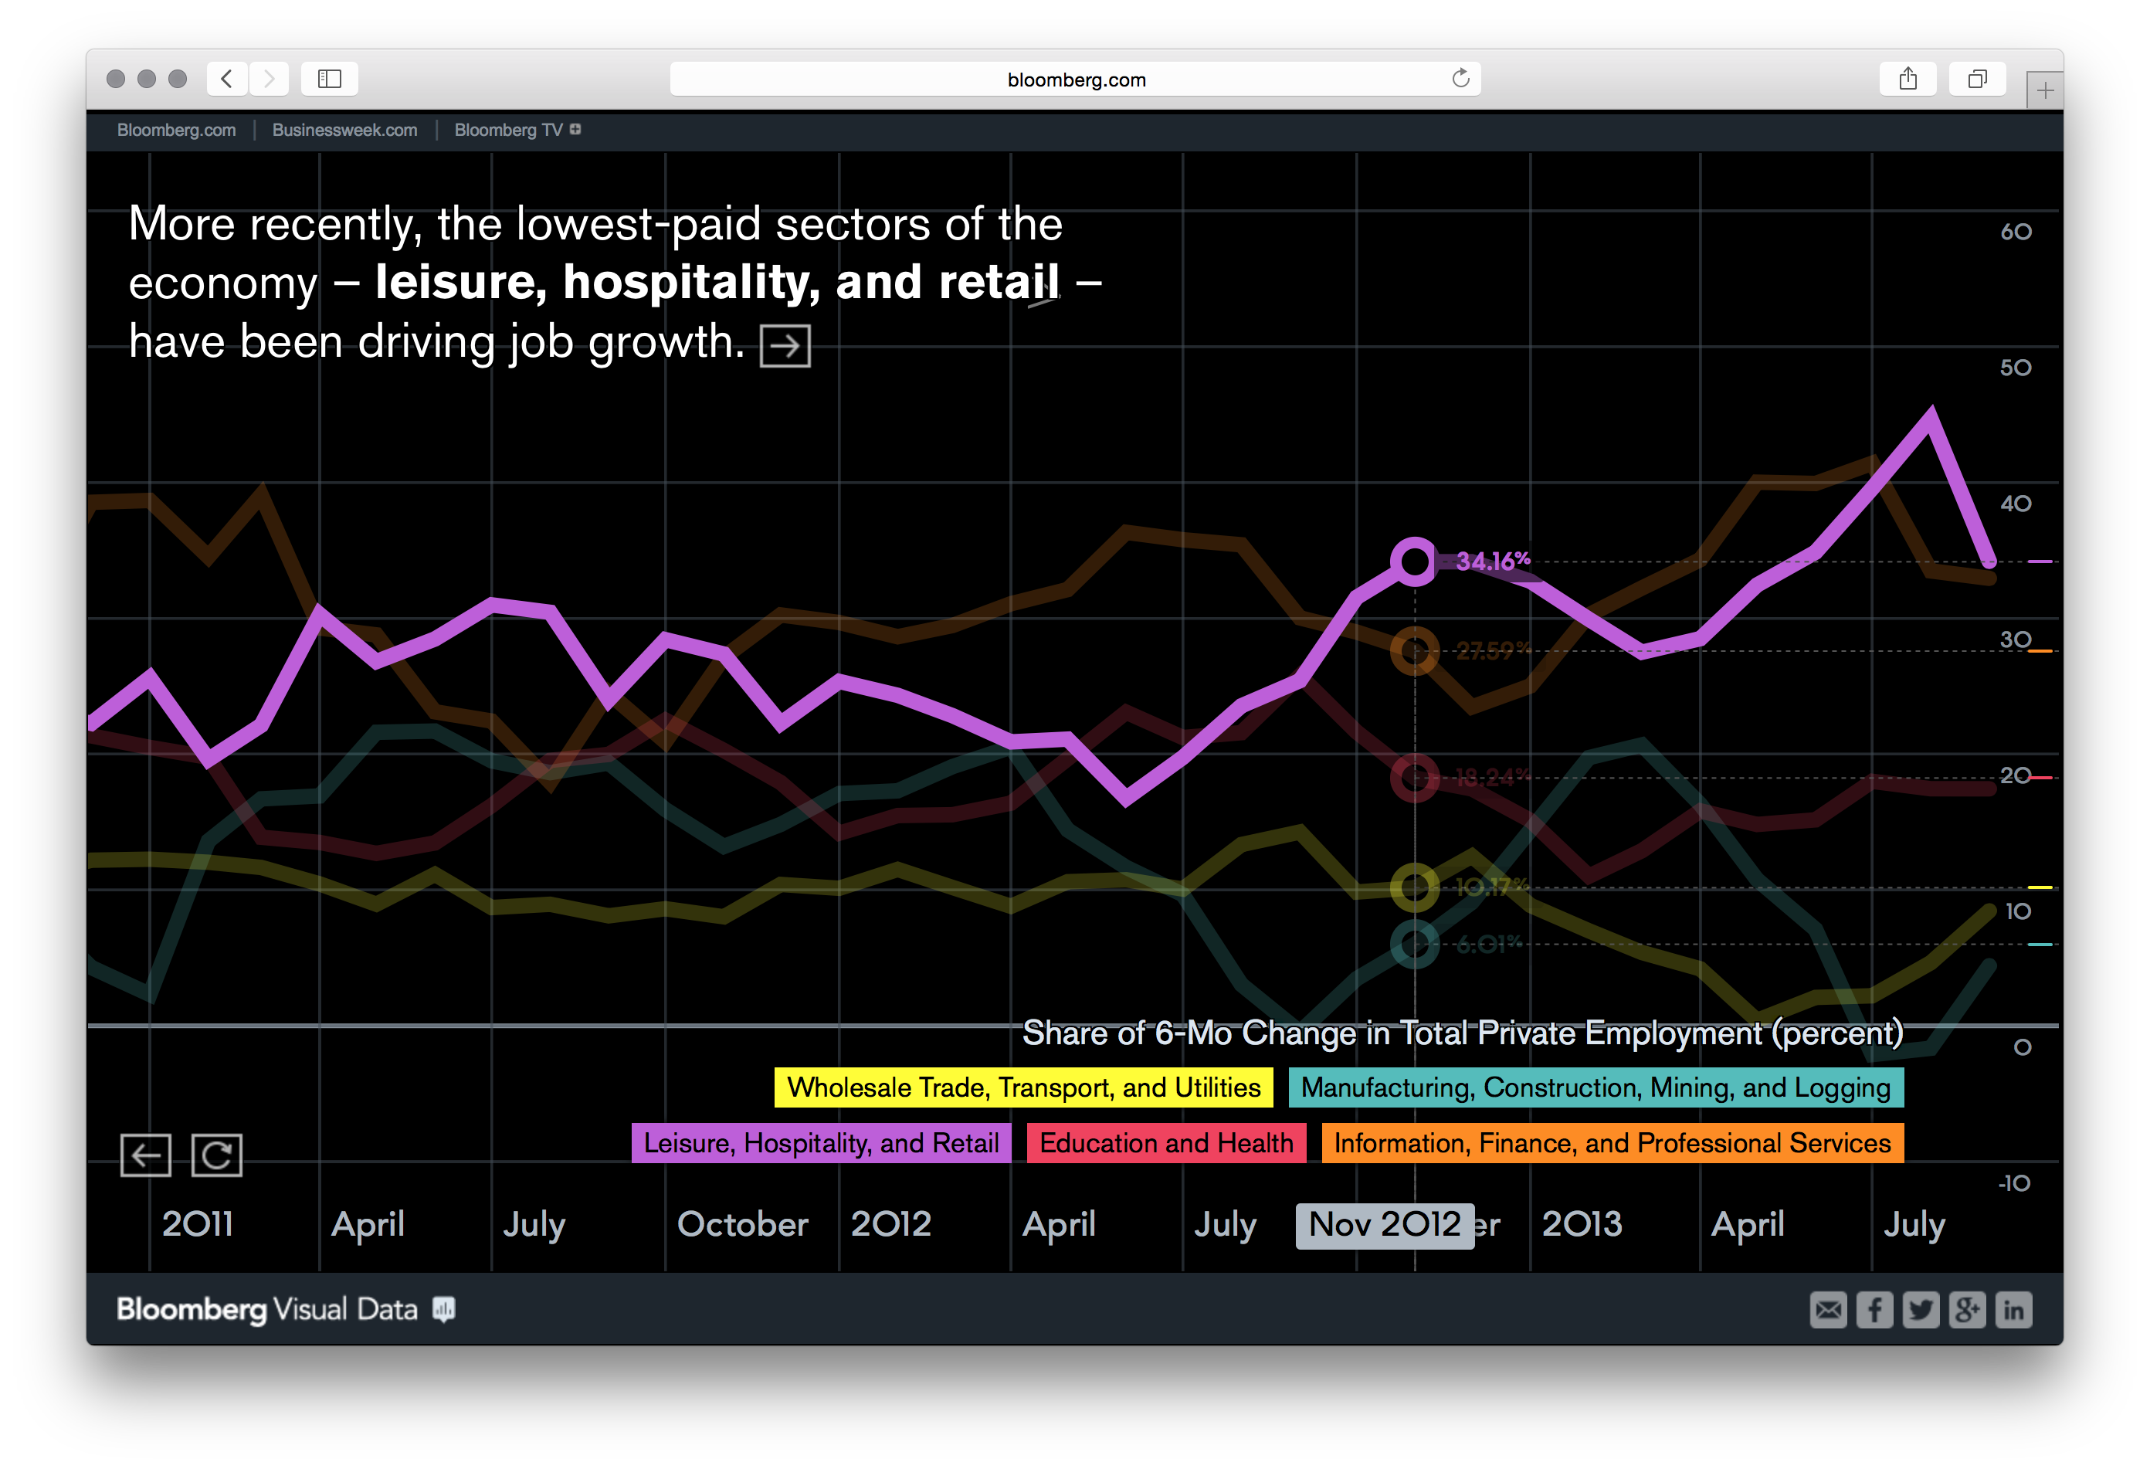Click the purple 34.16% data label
point(1492,561)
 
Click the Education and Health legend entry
point(1165,1142)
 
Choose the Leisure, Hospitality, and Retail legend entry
point(821,1142)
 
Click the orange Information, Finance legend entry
point(1612,1142)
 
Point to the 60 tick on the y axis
point(2016,231)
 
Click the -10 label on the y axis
point(2014,1183)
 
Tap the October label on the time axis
point(742,1224)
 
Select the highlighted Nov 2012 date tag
point(1384,1225)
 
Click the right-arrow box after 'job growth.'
point(785,346)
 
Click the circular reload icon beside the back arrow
point(216,1155)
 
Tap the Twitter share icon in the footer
point(1921,1310)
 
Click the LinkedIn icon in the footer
point(2013,1310)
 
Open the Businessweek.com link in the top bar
point(344,130)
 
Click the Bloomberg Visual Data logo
point(284,1310)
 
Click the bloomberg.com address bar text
point(1076,80)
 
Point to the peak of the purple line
point(1931,412)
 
